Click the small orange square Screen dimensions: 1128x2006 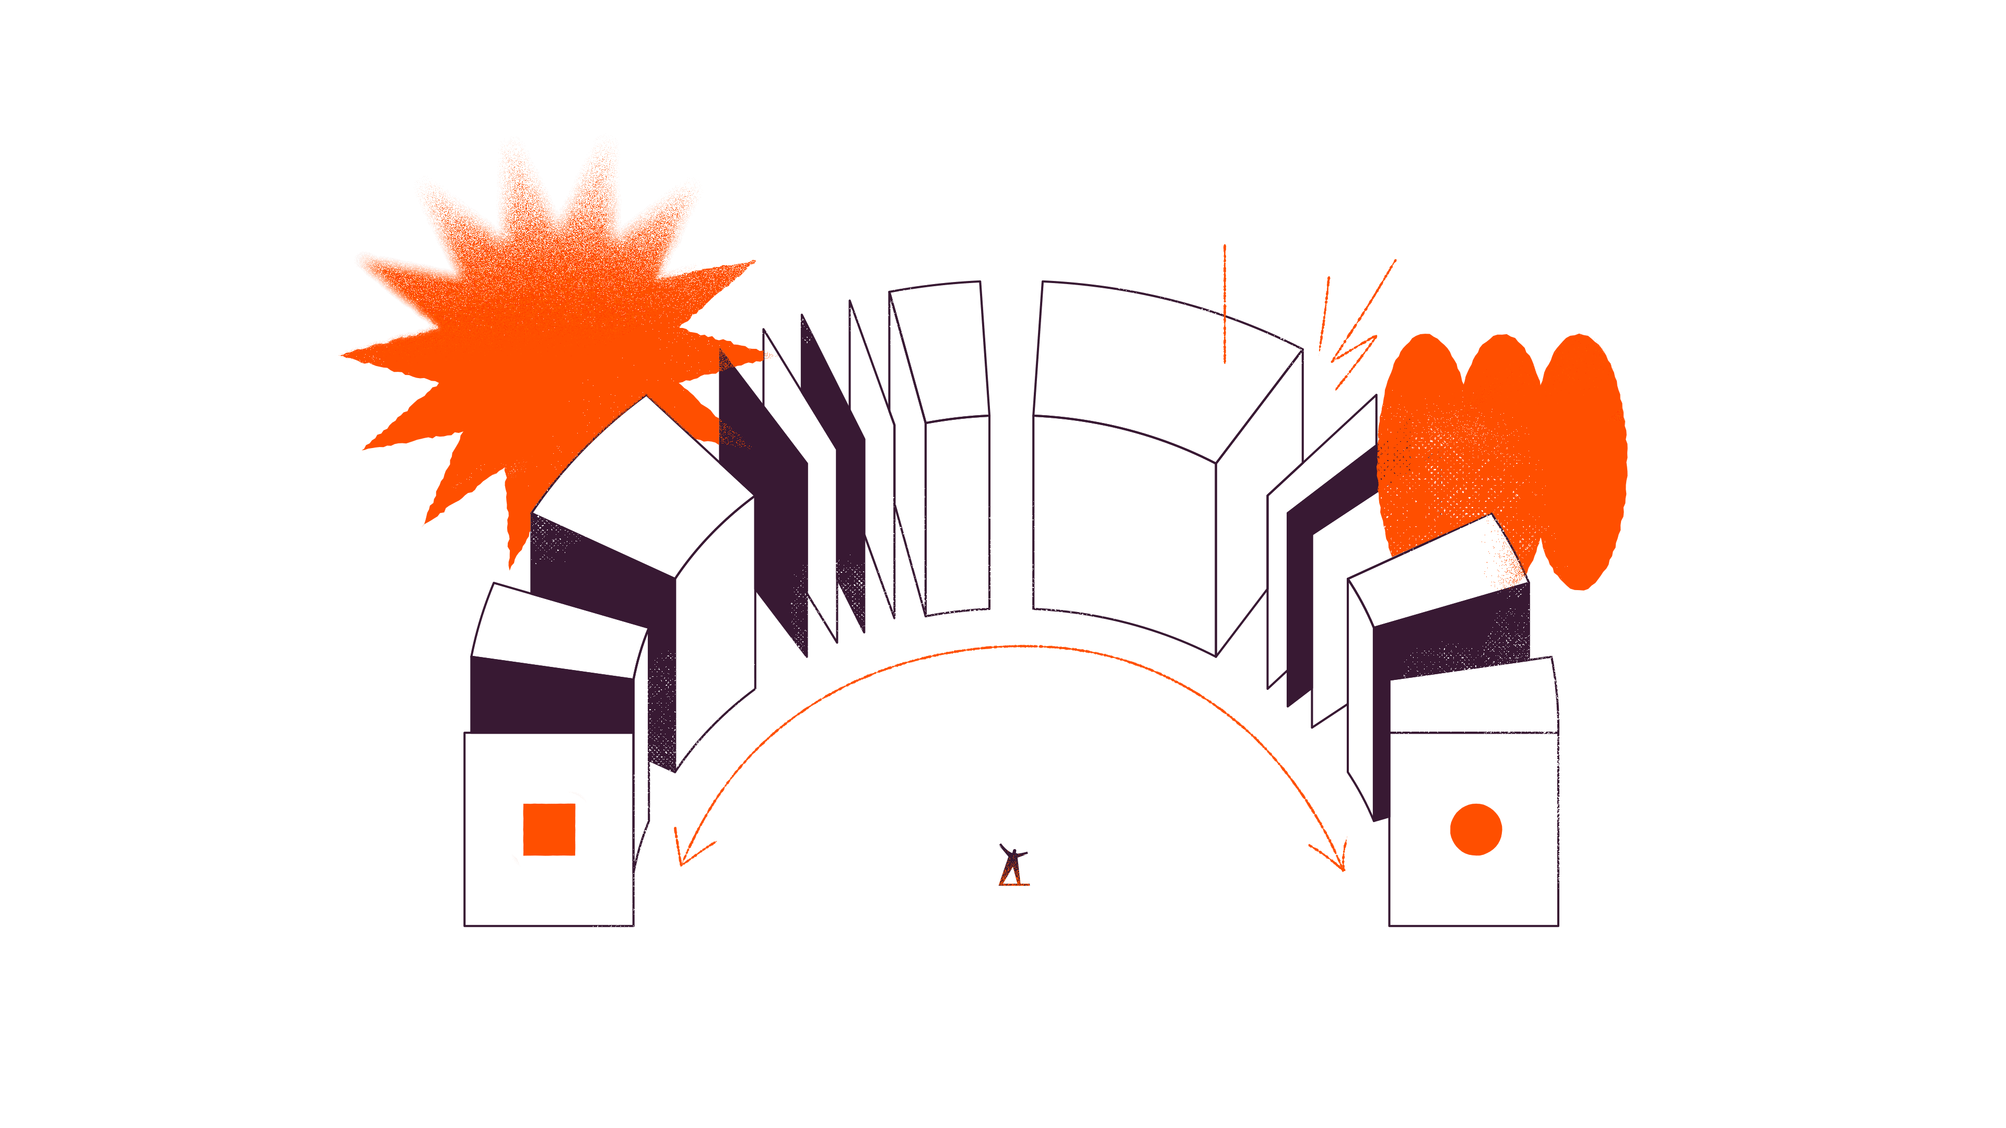(549, 829)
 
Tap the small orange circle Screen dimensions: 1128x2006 (1476, 829)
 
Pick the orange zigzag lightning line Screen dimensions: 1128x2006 (1359, 335)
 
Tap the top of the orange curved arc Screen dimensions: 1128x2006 (1012, 646)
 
